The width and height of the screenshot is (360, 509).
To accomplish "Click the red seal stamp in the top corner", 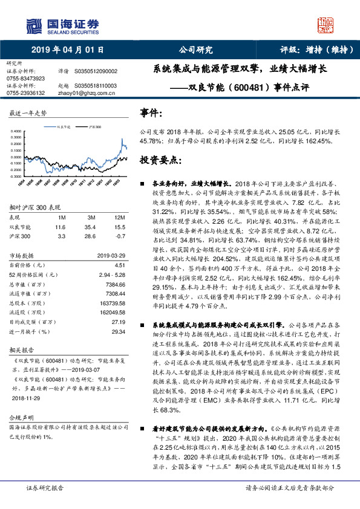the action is (327, 25).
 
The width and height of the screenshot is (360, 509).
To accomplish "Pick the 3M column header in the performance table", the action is (91, 216).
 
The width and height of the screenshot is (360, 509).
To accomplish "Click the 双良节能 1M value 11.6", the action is (59, 227).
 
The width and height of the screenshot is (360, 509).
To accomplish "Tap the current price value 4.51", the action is (119, 264).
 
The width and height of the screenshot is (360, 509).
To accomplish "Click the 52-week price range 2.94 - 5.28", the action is (111, 274).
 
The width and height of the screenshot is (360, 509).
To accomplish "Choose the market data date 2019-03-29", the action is (111, 255).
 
